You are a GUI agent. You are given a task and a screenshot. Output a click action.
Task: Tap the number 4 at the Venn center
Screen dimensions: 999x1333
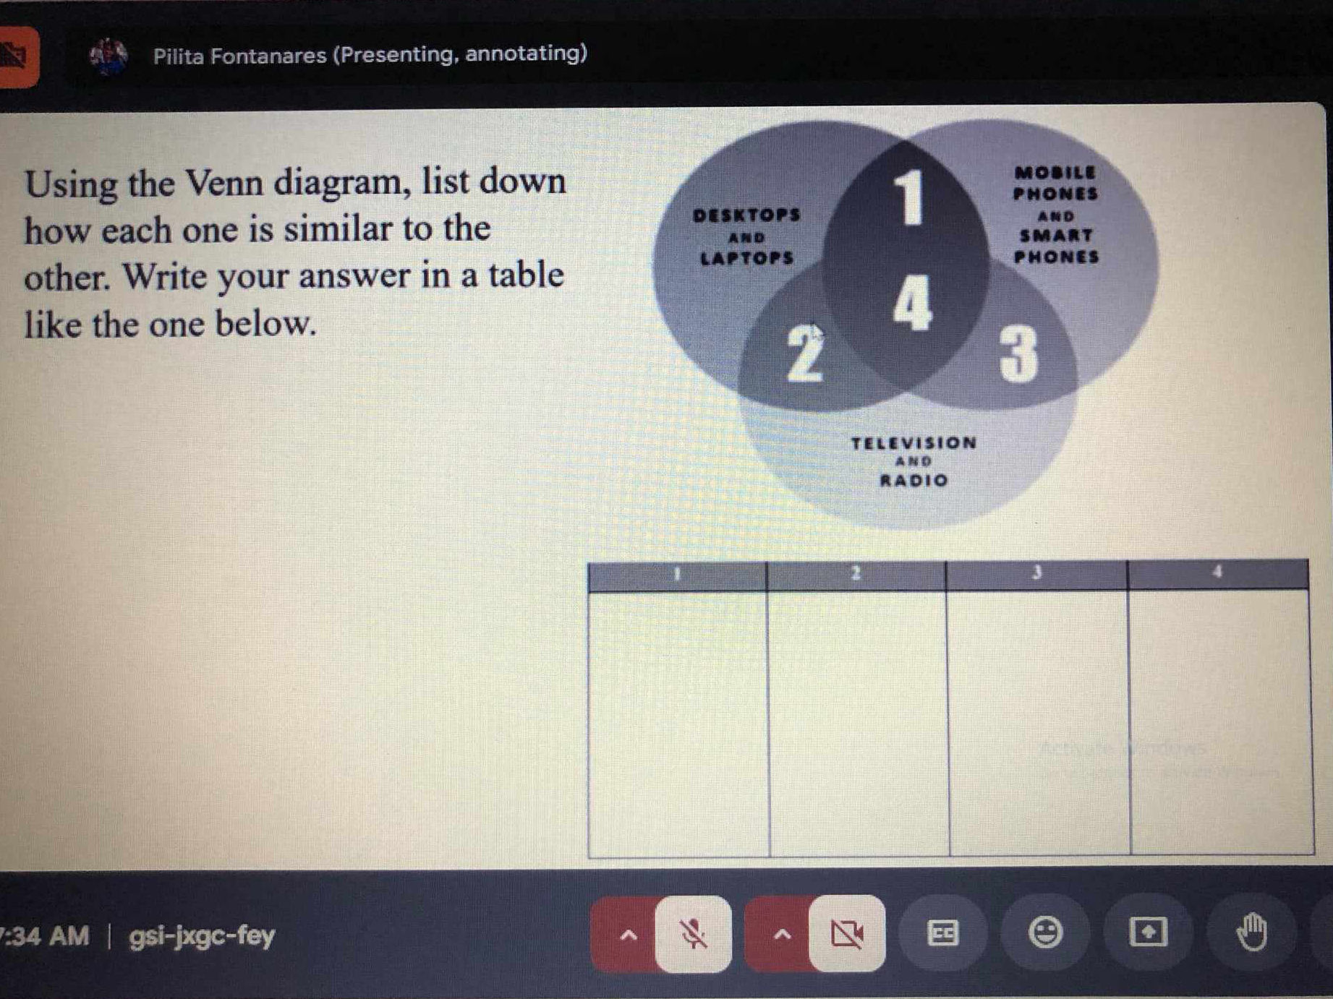[x=912, y=304]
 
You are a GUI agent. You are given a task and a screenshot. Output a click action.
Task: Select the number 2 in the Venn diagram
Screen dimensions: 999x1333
[x=804, y=352]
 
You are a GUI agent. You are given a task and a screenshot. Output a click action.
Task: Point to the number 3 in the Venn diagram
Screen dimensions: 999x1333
[x=1018, y=353]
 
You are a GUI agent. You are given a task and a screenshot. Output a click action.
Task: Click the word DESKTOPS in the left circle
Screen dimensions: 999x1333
[x=746, y=215]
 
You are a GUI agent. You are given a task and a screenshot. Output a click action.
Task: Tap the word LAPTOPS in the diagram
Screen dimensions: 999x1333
[x=747, y=258]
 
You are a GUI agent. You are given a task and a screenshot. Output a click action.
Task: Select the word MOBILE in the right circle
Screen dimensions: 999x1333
[x=1055, y=173]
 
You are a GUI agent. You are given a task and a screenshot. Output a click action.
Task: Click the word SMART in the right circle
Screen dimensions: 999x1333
[x=1056, y=236]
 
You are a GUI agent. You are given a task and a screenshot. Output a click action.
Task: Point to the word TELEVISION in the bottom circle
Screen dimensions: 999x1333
[x=913, y=443]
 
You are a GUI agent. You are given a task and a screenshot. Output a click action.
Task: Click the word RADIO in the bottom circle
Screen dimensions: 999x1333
[x=913, y=481]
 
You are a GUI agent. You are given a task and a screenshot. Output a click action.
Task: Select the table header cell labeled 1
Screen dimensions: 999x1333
[x=678, y=575]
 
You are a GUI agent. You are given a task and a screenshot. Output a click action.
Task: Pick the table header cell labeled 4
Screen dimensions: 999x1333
[x=1218, y=573]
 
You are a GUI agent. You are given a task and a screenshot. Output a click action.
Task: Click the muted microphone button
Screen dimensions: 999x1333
[x=693, y=934]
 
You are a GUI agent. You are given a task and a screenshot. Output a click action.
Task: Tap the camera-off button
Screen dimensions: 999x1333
[x=847, y=934]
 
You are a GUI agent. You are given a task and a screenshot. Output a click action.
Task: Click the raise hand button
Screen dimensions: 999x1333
[x=1252, y=932]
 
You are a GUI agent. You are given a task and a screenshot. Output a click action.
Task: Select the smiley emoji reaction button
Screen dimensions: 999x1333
[x=1045, y=932]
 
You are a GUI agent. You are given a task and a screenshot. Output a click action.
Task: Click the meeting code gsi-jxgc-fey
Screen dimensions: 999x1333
[x=202, y=936]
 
